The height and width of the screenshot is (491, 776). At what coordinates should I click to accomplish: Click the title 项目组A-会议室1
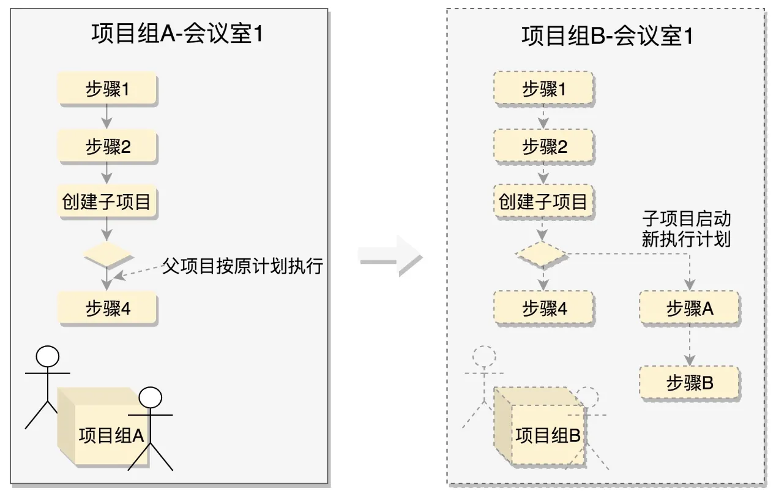coord(177,34)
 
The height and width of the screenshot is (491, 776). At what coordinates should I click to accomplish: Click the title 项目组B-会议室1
coord(607,36)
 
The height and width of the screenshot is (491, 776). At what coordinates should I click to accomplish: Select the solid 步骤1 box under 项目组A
coord(107,89)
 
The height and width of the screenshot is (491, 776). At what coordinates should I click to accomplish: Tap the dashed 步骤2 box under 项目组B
coord(543,147)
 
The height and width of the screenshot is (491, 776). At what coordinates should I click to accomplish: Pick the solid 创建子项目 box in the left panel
coord(107,201)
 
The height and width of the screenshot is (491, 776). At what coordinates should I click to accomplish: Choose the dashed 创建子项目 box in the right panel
coord(543,201)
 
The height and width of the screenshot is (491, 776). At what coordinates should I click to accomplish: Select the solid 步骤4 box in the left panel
coord(107,308)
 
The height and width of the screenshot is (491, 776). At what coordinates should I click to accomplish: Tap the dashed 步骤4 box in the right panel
coord(543,308)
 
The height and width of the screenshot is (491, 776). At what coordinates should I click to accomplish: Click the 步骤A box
coord(690,308)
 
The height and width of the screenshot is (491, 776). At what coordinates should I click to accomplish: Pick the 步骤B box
coord(690,383)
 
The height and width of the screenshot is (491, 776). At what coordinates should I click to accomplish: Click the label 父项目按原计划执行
coord(242,266)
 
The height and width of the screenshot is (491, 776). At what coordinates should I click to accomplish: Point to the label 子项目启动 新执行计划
coord(686,229)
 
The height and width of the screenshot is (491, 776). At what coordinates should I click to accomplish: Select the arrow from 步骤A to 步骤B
coord(690,345)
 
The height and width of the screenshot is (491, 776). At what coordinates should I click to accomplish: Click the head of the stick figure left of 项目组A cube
coord(48,356)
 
